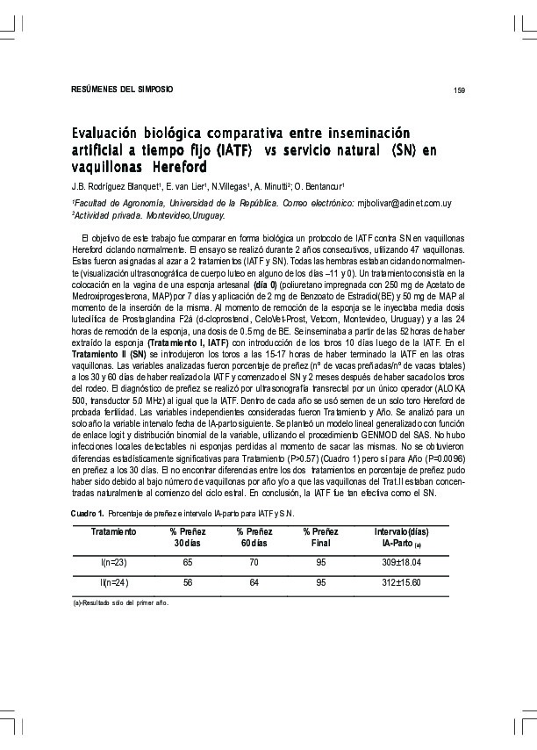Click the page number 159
coord(458,90)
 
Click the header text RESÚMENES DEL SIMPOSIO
coord(121,90)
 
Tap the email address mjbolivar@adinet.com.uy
coord(403,203)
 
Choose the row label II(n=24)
coord(114,581)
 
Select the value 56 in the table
coord(187,581)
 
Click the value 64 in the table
coord(254,581)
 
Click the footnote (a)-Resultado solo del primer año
coord(120,603)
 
